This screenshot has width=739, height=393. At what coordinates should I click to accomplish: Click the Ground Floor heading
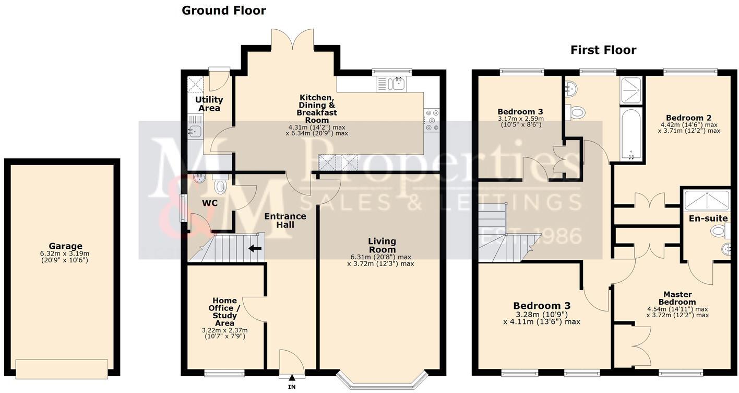(223, 10)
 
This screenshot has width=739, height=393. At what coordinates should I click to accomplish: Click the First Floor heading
(603, 50)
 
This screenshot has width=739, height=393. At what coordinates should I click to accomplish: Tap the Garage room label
(65, 246)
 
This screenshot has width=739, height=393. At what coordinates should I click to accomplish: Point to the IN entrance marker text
(292, 387)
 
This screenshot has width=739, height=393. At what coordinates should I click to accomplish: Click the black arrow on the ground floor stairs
(255, 248)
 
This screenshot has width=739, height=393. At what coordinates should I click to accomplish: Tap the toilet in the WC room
(220, 184)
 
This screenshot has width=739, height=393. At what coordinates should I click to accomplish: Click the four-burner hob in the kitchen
(432, 120)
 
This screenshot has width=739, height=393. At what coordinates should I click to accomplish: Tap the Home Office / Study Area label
(225, 311)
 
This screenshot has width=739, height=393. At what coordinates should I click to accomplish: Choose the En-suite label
(704, 218)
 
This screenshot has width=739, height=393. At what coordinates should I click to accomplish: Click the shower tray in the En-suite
(707, 199)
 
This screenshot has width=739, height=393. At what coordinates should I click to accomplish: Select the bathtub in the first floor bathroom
(631, 134)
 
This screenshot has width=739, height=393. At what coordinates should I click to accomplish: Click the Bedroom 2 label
(692, 118)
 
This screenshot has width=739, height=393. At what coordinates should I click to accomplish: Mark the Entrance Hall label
(285, 221)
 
